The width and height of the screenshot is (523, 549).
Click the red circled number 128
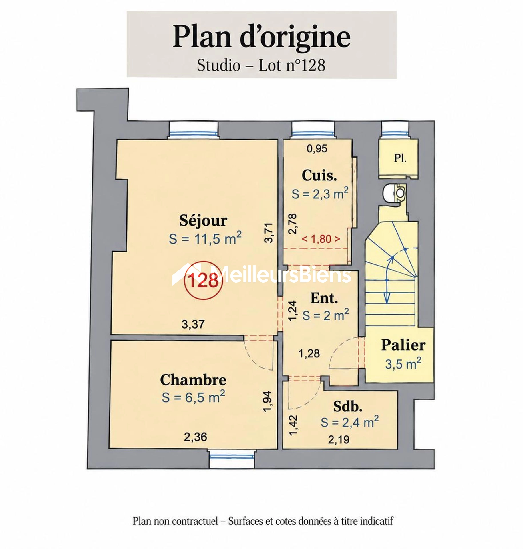(203, 281)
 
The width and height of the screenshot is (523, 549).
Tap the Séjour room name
(203, 220)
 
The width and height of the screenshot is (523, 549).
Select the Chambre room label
(193, 380)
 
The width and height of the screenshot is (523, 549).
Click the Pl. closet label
(400, 158)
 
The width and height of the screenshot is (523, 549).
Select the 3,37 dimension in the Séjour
(193, 324)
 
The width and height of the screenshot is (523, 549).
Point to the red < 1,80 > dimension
(321, 239)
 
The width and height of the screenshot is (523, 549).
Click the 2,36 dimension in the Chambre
(195, 437)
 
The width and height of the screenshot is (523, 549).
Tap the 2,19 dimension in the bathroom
(339, 439)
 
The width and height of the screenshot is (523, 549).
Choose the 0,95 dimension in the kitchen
(317, 149)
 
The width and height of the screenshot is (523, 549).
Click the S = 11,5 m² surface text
(205, 238)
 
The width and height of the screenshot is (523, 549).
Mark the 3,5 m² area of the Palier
(403, 364)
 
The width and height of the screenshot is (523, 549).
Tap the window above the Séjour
(193, 130)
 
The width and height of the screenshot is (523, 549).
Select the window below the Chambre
(231, 459)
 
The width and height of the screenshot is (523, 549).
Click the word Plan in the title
(202, 37)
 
